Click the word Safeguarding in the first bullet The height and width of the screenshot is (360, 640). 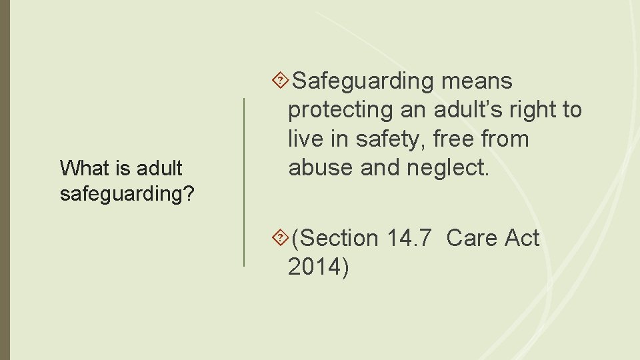coord(363,81)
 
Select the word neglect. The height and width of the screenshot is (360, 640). coord(447,168)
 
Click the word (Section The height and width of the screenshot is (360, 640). coord(335,237)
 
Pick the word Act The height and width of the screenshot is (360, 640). coord(521,237)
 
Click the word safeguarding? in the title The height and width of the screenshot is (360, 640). coord(127,194)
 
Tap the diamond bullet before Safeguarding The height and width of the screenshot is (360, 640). coord(281,81)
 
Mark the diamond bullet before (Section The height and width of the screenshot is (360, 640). coord(281,237)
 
